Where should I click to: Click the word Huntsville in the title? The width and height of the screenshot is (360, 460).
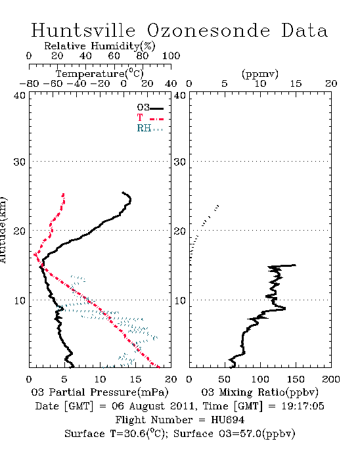(x=83, y=30)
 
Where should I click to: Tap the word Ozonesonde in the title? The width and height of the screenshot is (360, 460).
(x=208, y=30)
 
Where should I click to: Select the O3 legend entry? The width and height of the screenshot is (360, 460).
(x=150, y=108)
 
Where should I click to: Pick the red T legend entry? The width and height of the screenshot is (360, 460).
(x=150, y=118)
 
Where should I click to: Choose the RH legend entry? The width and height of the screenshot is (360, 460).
(x=150, y=128)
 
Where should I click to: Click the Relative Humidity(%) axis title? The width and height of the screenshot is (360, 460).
(x=100, y=46)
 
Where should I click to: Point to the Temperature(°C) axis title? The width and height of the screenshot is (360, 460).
(x=100, y=74)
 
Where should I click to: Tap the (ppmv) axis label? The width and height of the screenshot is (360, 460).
(x=260, y=74)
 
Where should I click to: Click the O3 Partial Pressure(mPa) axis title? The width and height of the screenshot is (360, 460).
(x=100, y=392)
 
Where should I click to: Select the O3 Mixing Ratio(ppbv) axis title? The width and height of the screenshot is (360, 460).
(x=259, y=392)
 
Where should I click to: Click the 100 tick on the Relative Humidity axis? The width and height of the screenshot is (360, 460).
(x=171, y=56)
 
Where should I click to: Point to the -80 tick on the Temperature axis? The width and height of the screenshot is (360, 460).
(x=29, y=83)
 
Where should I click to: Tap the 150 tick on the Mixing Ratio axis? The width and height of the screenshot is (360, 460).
(x=296, y=379)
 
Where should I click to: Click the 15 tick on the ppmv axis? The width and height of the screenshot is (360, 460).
(x=296, y=83)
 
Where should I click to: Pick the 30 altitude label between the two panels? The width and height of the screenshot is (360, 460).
(x=179, y=162)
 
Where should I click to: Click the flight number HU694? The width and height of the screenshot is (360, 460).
(x=228, y=420)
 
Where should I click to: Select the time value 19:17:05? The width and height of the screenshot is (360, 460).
(x=303, y=406)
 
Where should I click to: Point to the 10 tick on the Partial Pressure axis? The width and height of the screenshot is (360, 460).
(x=100, y=379)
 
